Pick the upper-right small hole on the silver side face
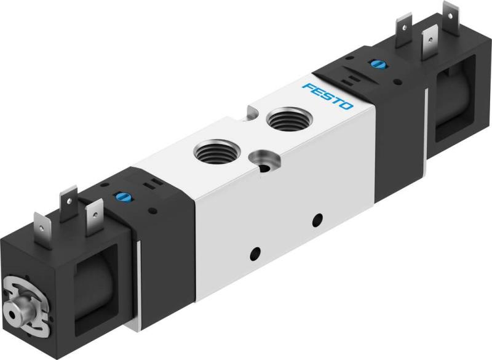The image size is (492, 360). coord(317,218)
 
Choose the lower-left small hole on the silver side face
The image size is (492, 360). coord(253,253)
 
